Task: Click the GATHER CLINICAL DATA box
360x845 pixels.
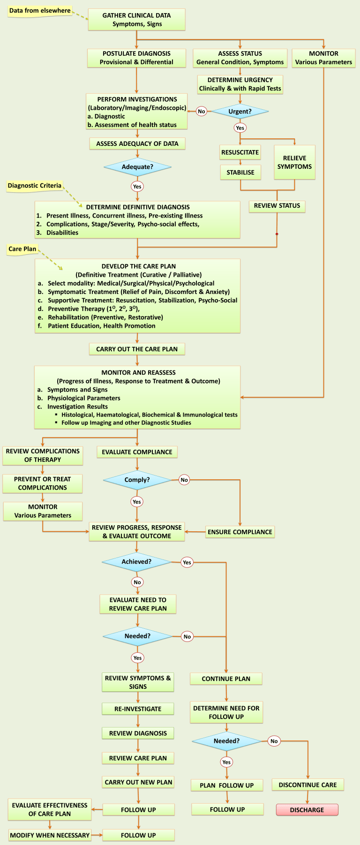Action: [x=136, y=20]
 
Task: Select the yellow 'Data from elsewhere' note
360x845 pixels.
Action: [x=40, y=11]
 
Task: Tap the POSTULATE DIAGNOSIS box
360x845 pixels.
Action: [x=136, y=58]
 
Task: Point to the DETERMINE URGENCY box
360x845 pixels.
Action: [x=240, y=84]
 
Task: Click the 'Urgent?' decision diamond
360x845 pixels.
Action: [x=240, y=112]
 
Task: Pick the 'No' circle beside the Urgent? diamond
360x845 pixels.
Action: [x=202, y=112]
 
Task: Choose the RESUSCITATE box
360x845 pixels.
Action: [x=240, y=152]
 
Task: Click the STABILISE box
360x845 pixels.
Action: [x=240, y=173]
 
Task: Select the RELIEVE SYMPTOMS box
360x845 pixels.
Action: [x=294, y=162]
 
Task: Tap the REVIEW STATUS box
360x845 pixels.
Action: [x=277, y=206]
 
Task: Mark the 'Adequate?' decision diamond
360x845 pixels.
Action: [x=137, y=167]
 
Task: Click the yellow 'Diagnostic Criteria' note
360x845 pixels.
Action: [x=35, y=186]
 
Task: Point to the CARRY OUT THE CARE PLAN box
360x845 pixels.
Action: [x=137, y=349]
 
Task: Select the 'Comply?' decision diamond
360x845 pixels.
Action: [x=137, y=480]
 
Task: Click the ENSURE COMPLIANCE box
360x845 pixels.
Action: [x=240, y=532]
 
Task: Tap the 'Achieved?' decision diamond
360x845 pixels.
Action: [x=137, y=562]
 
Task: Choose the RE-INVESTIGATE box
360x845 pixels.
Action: [x=138, y=709]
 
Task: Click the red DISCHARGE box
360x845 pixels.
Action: [x=307, y=810]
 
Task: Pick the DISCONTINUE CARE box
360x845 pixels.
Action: [x=307, y=785]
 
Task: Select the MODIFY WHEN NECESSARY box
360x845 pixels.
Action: [x=50, y=835]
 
